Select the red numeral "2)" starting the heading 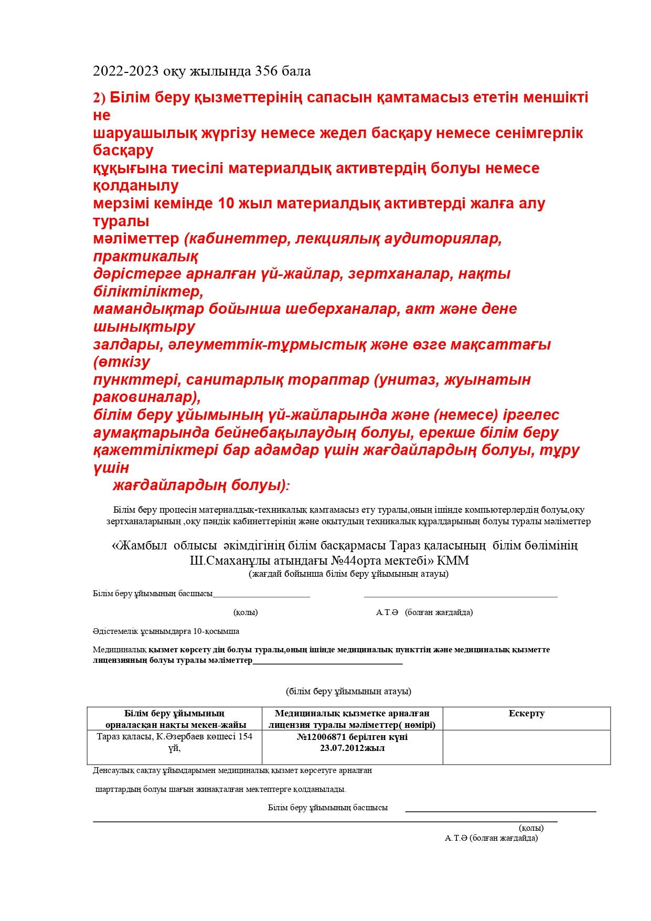(99, 98)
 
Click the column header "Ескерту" (526, 713)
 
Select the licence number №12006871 (324, 737)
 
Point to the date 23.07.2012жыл (352, 748)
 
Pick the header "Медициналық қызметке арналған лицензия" (352, 719)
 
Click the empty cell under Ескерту (526, 746)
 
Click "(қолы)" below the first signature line (246, 612)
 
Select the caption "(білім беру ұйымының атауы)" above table (348, 691)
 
